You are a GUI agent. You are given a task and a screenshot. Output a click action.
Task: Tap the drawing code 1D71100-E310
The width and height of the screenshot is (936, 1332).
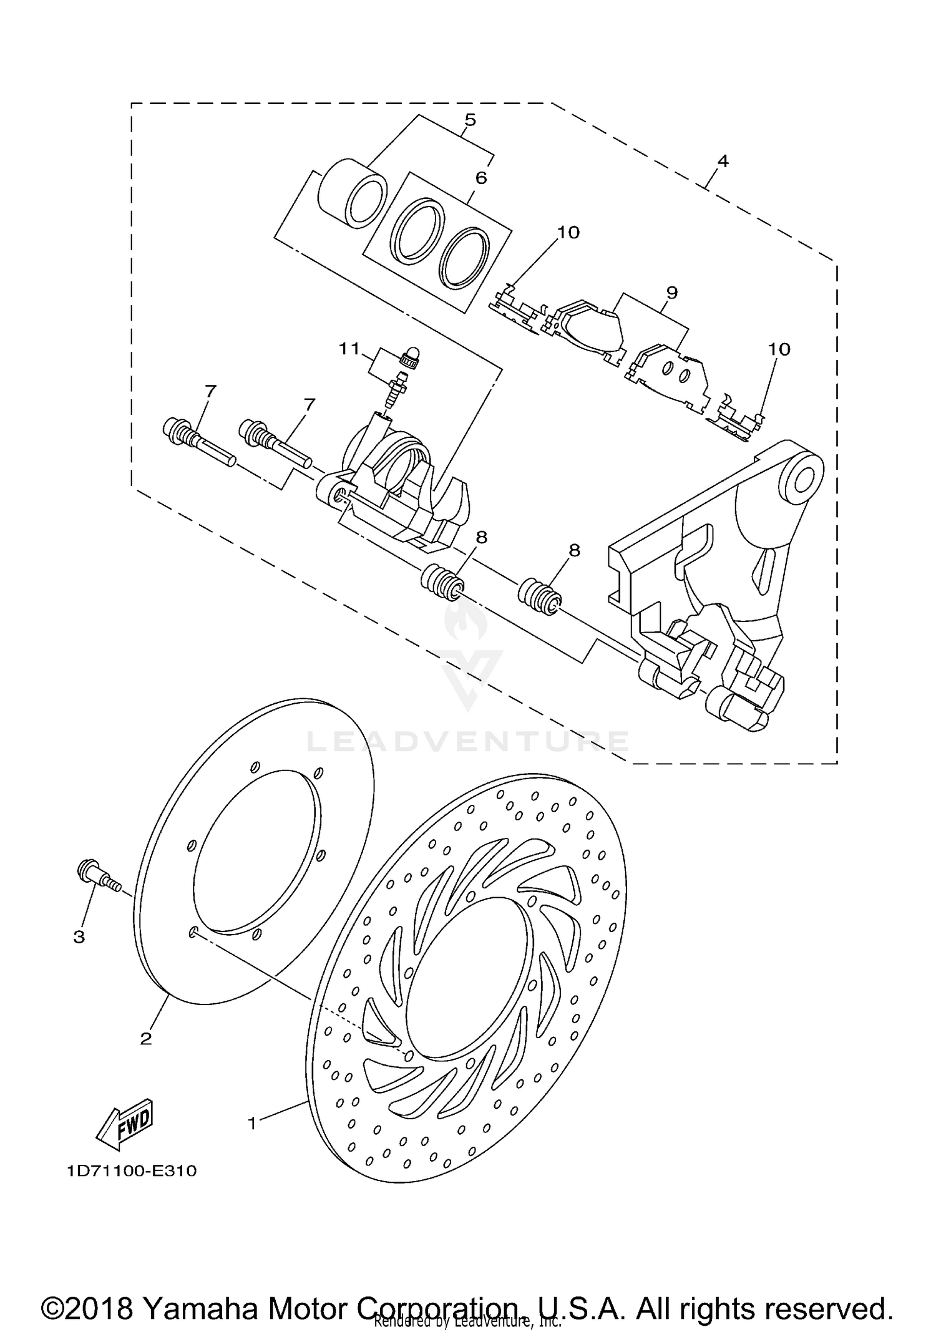(x=132, y=1171)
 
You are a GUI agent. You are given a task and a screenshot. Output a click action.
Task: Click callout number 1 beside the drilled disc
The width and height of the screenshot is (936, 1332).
(x=252, y=1124)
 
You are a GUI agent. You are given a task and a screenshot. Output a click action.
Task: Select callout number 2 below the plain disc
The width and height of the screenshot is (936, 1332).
(x=145, y=1039)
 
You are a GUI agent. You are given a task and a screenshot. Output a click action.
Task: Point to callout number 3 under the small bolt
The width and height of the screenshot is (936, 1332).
(x=79, y=937)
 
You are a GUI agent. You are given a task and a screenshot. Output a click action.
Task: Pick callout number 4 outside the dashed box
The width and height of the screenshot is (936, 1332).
(x=722, y=161)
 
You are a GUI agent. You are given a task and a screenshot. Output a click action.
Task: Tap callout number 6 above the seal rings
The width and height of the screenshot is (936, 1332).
(x=480, y=178)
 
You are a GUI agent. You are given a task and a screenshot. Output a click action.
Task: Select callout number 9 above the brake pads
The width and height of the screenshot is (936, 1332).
(x=671, y=292)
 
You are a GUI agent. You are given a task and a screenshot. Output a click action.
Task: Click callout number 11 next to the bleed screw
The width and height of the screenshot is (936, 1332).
(x=350, y=348)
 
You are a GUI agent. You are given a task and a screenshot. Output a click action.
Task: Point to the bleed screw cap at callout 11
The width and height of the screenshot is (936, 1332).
(x=411, y=356)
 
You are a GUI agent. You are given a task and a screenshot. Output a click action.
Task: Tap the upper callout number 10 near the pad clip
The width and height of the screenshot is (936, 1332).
(x=568, y=233)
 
